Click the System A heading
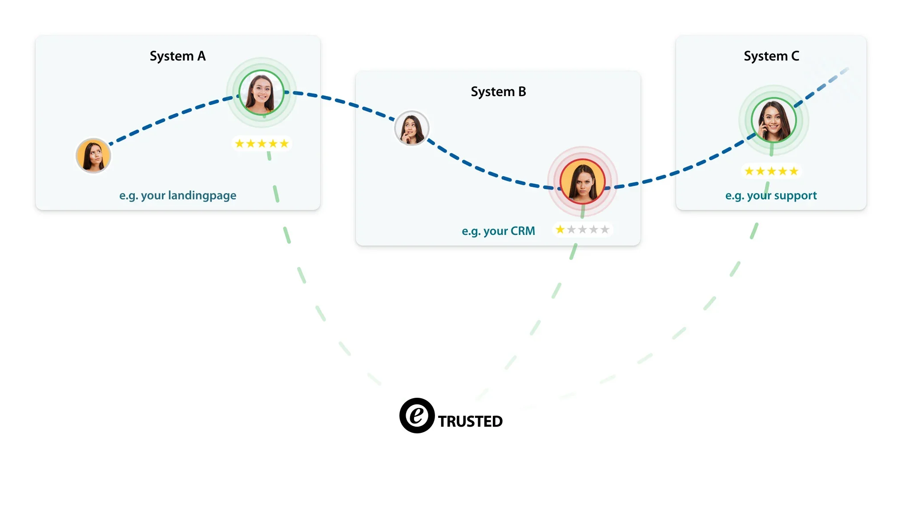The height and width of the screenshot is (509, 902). [177, 56]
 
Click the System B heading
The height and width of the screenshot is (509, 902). [498, 92]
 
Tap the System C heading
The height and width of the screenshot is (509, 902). [771, 56]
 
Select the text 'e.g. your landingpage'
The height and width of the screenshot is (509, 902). [177, 195]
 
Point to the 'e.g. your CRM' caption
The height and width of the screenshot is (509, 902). [498, 231]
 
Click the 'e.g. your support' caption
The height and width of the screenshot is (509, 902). [771, 195]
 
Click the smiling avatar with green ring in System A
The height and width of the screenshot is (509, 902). [262, 93]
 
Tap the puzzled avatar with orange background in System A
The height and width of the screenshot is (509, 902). [93, 156]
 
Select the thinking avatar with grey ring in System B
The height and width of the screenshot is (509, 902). [412, 128]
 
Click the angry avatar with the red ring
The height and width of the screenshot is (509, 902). [582, 182]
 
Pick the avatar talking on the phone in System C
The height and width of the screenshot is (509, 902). [773, 120]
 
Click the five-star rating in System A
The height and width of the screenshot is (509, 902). [262, 144]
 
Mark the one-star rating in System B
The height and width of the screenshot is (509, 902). [582, 230]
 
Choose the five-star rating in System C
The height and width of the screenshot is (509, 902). [771, 171]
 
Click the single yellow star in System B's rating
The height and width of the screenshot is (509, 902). [560, 230]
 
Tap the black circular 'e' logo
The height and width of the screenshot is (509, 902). [417, 416]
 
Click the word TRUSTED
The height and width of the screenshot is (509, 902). [470, 421]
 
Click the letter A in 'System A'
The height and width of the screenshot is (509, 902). [201, 56]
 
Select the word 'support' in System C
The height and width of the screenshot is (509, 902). [795, 195]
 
